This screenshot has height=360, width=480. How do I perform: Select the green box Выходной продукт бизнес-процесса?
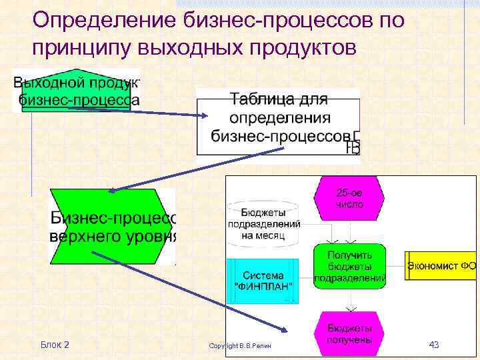(77, 91)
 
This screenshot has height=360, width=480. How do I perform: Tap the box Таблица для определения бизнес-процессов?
(278, 120)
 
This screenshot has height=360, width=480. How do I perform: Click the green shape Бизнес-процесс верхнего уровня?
(113, 227)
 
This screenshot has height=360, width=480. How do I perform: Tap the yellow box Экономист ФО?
(440, 266)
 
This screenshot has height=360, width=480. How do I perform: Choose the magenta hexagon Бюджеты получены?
(349, 333)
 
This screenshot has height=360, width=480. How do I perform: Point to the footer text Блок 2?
(55, 345)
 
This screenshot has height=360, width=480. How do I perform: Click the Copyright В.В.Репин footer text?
(241, 345)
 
